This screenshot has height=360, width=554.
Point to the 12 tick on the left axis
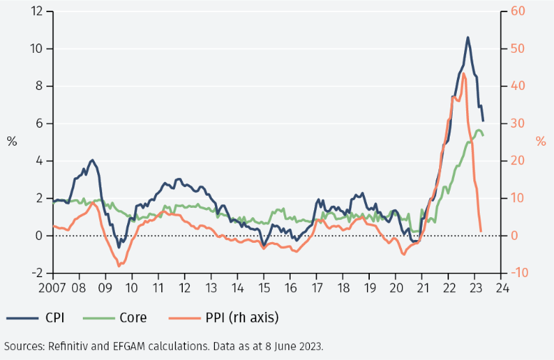coord(37,11)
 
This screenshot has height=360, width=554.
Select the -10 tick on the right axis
coord(519,273)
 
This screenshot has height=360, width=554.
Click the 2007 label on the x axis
coord(53,289)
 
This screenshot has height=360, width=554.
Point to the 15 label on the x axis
coord(263,289)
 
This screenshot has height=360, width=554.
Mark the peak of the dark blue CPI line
coord(468,37)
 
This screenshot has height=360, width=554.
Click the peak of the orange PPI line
coord(464,73)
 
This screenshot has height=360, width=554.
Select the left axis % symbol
coord(11,141)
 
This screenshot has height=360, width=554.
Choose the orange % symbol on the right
coord(540,141)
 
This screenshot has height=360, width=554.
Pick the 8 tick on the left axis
coord(40,86)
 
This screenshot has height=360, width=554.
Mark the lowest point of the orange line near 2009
coord(119,266)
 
